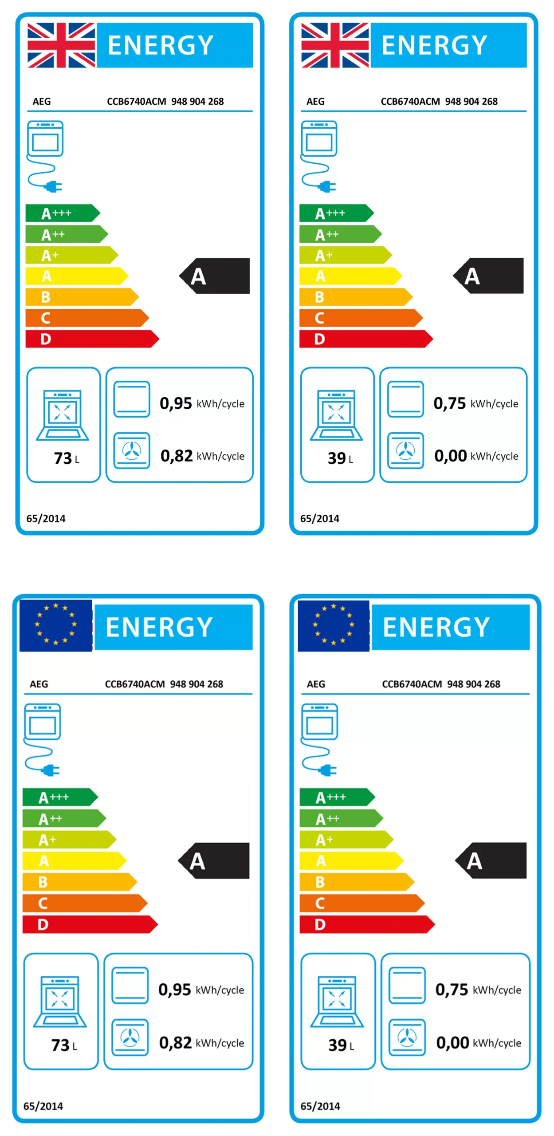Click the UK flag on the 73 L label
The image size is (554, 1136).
(61, 45)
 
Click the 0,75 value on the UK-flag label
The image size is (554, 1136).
(449, 403)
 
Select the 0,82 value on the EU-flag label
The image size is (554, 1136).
(175, 1042)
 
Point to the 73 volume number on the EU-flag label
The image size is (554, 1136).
(60, 1045)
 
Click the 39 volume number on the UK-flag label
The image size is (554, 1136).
(337, 458)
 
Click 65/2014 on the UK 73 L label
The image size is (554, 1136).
(46, 518)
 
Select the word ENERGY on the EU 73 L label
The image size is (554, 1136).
(159, 627)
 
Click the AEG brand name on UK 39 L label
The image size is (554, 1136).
(315, 102)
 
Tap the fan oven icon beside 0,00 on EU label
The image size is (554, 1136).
(407, 1037)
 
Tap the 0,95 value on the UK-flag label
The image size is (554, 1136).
(176, 403)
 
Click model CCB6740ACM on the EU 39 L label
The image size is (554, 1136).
(412, 684)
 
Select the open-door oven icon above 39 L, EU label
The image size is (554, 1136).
(337, 1001)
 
